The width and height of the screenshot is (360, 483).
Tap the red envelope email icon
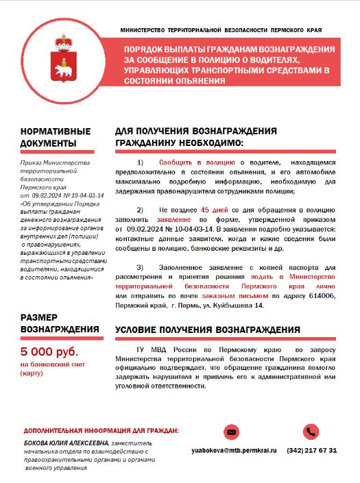pyautogui.click(x=232, y=432)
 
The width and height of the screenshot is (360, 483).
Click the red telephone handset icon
pyautogui.click(x=312, y=432)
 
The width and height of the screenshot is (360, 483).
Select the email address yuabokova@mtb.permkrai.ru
pyautogui.click(x=234, y=451)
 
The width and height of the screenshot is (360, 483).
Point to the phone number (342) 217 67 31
pyautogui.click(x=312, y=451)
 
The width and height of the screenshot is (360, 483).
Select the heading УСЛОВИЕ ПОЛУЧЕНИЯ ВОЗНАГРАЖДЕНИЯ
pyautogui.click(x=208, y=330)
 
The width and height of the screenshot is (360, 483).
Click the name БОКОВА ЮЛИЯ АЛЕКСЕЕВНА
pyautogui.click(x=63, y=444)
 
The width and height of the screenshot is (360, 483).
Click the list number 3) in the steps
pyautogui.click(x=141, y=267)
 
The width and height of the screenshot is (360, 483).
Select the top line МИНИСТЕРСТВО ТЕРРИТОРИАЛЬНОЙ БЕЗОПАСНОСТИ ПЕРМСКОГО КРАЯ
pyautogui.click(x=221, y=31)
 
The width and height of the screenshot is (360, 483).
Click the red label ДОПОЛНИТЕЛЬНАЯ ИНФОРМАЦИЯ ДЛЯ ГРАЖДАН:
pyautogui.click(x=101, y=431)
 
